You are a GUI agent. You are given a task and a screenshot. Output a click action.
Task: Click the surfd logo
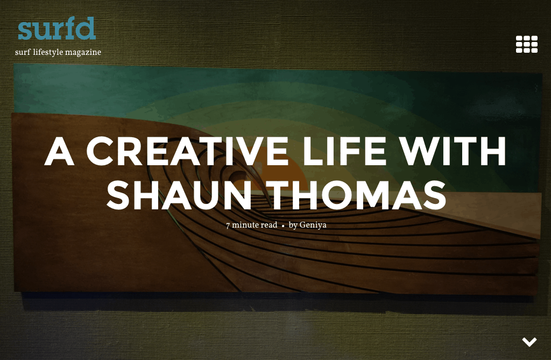[x=56, y=29]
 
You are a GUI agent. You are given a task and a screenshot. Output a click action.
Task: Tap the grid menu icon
[x=526, y=44]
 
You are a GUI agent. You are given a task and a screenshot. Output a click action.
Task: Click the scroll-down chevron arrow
[x=529, y=342]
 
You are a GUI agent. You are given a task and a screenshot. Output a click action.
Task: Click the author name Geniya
[x=313, y=225]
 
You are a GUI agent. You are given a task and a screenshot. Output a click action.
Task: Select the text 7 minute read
[x=251, y=225]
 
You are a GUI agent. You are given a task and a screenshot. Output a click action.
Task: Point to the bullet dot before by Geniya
[x=283, y=225]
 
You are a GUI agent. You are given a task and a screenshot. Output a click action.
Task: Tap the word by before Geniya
[x=293, y=225]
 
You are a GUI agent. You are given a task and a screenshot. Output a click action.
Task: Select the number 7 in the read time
[x=228, y=225]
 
